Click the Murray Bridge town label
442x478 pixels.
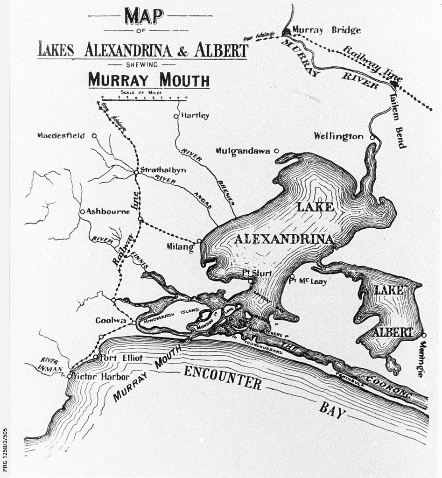pyautogui.click(x=326, y=30)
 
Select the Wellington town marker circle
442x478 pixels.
pyautogui.click(x=372, y=137)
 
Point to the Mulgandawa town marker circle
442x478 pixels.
pyautogui.click(x=276, y=151)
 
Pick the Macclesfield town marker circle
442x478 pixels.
pyautogui.click(x=94, y=136)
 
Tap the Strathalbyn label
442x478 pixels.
pyautogui.click(x=163, y=170)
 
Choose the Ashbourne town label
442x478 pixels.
pyautogui.click(x=108, y=211)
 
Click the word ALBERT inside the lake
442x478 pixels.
pyautogui.click(x=393, y=332)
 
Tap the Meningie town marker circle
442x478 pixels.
pyautogui.click(x=424, y=335)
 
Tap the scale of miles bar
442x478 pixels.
pyautogui.click(x=144, y=99)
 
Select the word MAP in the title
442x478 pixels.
pyautogui.click(x=144, y=17)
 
